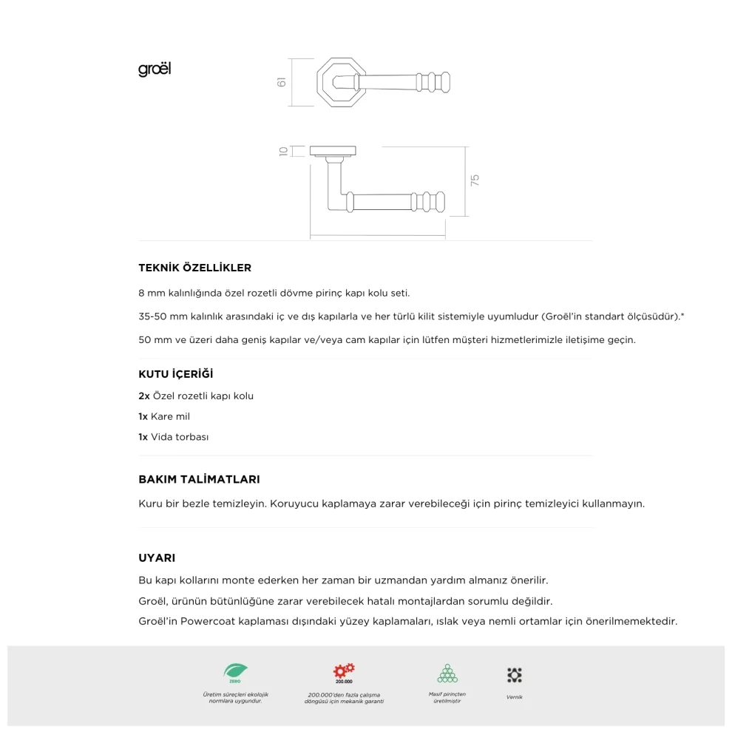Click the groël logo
(155, 70)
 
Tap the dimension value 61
(282, 82)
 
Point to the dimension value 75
(475, 179)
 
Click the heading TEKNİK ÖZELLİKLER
(194, 268)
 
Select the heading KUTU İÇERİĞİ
(175, 374)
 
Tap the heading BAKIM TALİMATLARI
(199, 479)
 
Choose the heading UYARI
(157, 558)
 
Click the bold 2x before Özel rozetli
(144, 396)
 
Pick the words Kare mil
(170, 416)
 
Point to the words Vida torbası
(180, 437)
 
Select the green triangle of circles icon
(447, 673)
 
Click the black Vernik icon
(515, 674)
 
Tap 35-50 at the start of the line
(152, 316)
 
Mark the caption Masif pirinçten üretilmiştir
(447, 697)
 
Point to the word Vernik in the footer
(515, 697)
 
